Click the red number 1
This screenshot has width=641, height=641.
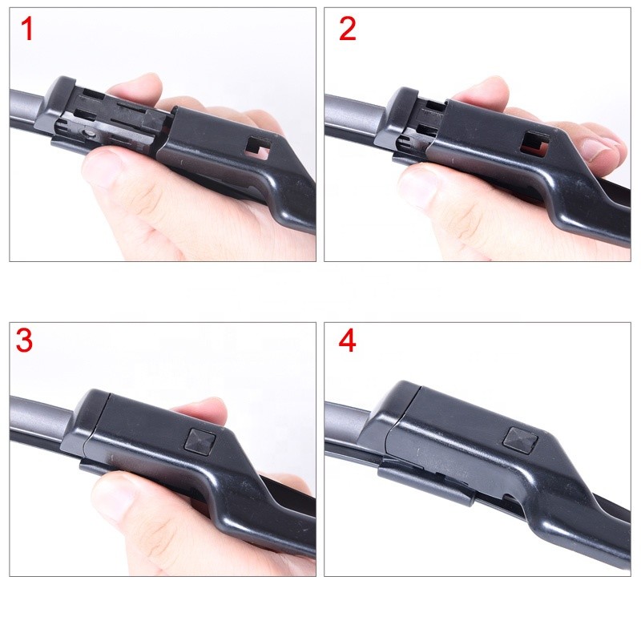click(28, 30)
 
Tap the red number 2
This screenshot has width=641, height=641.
click(347, 30)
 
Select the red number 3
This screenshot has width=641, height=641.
click(25, 341)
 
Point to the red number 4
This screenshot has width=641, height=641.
click(347, 341)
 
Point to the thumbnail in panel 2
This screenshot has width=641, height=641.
click(417, 184)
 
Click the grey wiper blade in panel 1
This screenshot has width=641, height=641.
click(28, 108)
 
